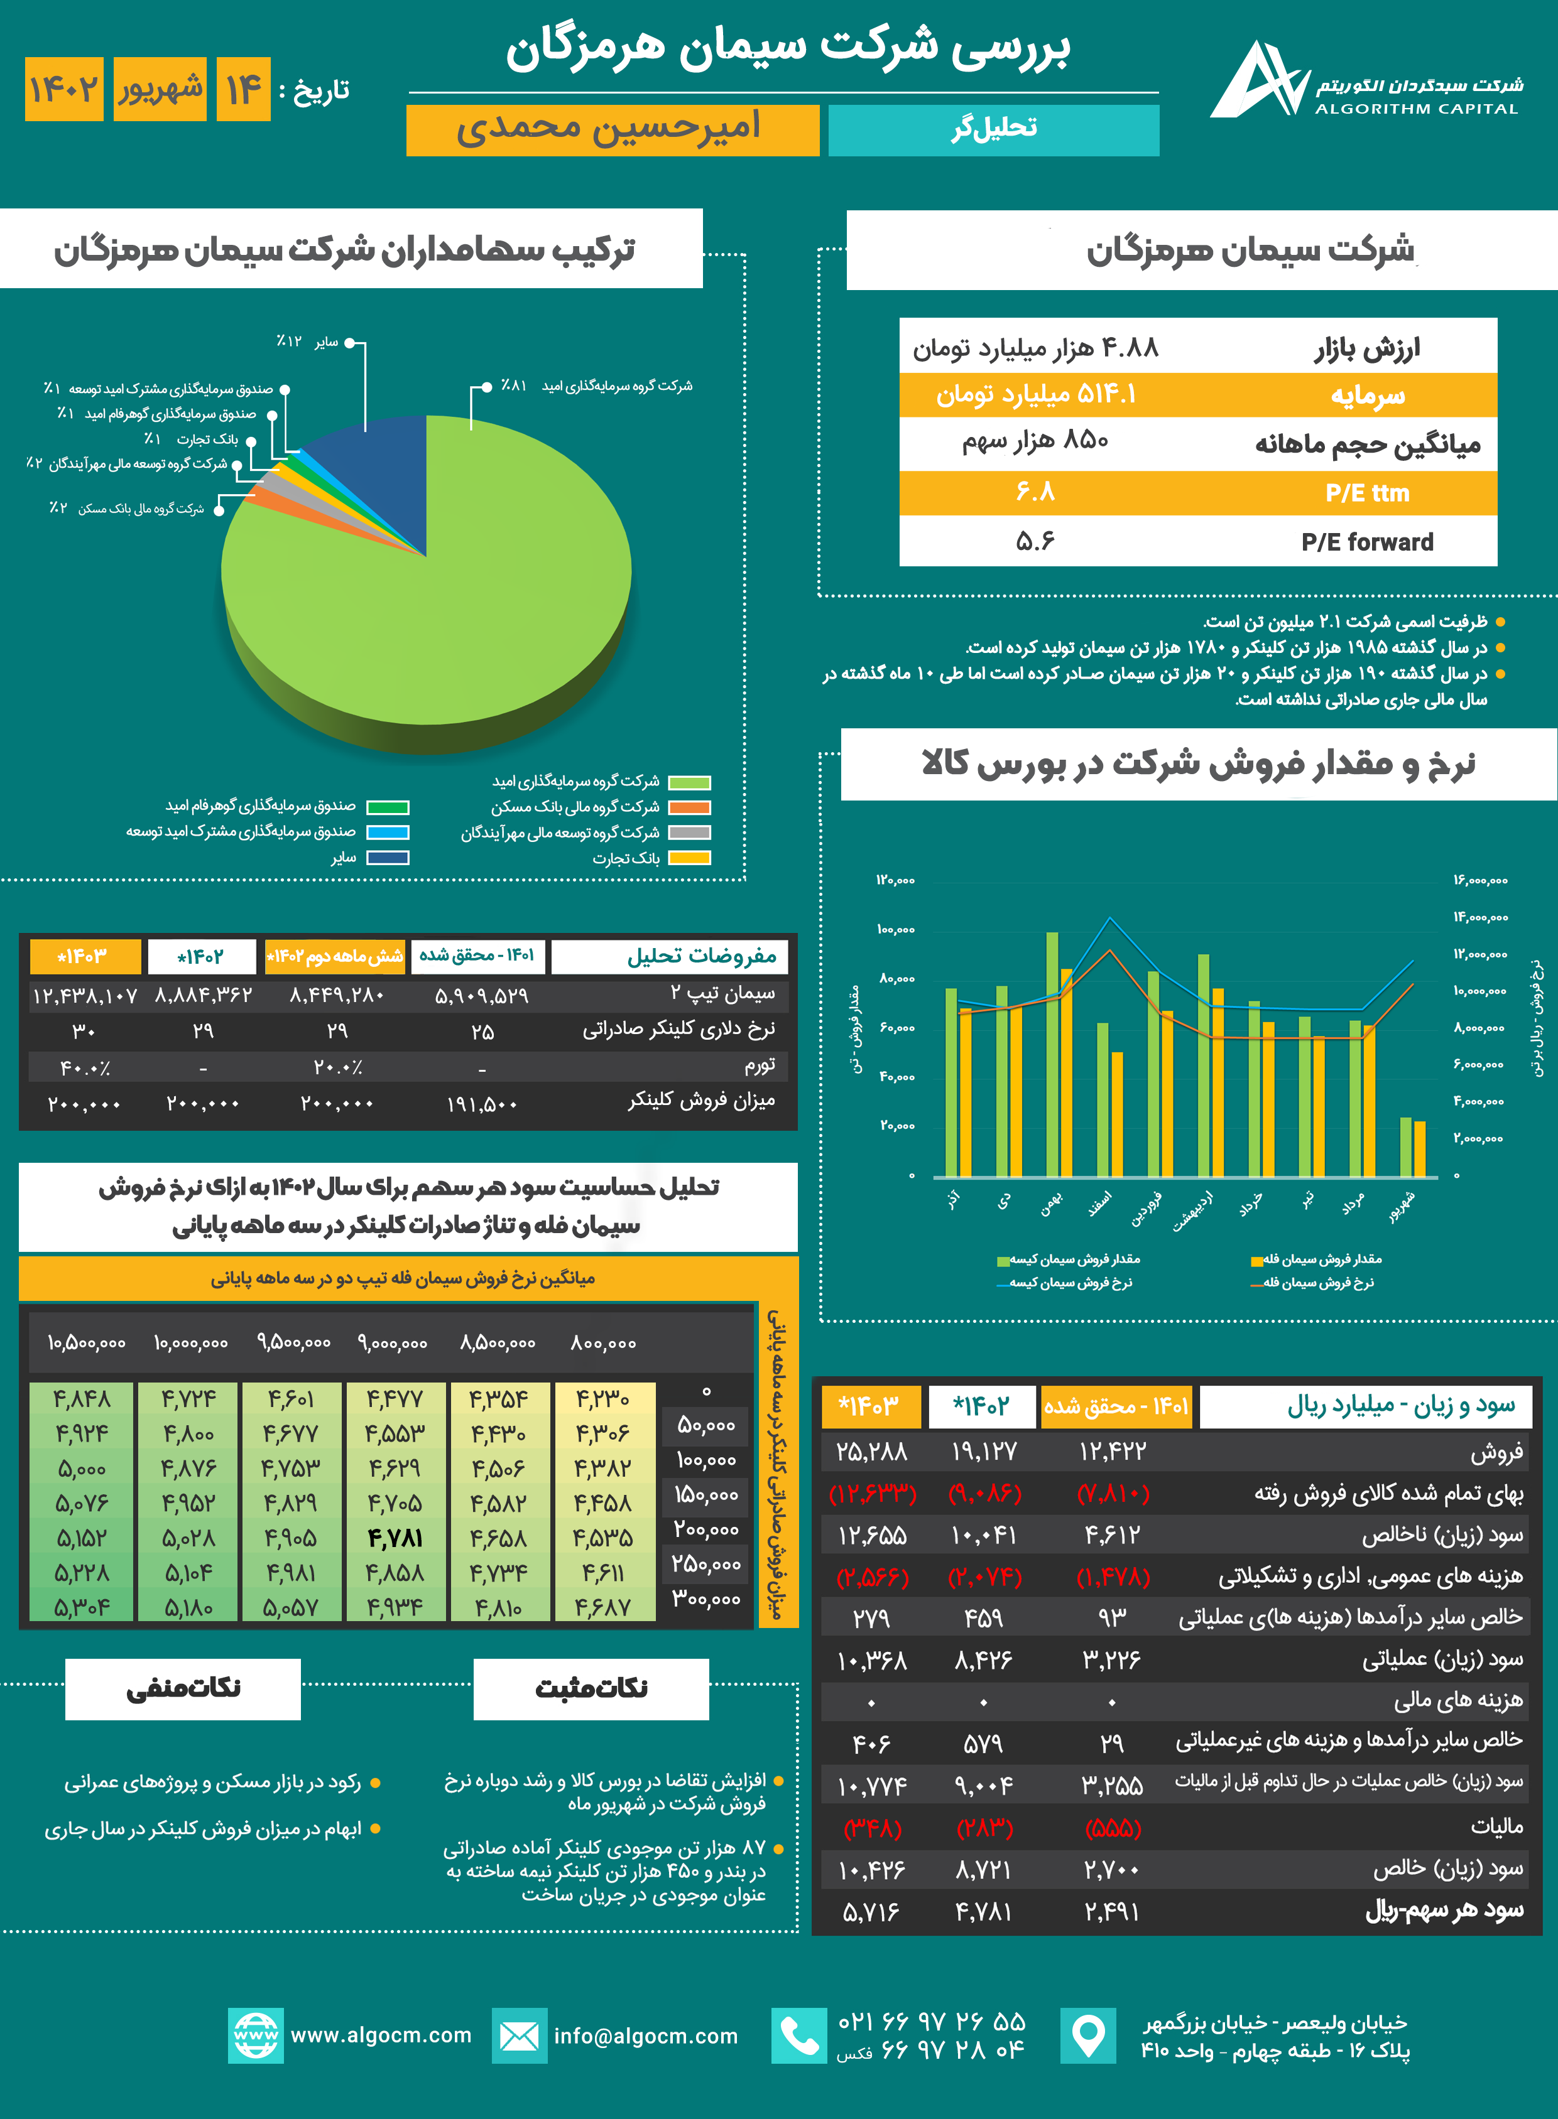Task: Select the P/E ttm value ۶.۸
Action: pos(1035,492)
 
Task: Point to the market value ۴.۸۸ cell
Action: pos(1035,348)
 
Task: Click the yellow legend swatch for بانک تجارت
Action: pos(689,858)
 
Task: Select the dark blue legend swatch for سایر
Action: pos(388,858)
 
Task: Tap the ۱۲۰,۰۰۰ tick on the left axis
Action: pos(895,880)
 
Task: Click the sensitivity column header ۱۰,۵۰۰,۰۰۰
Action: pos(87,1343)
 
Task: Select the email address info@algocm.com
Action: pos(646,2036)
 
